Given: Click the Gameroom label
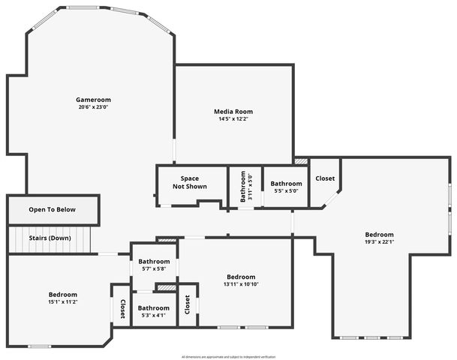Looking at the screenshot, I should (93, 99).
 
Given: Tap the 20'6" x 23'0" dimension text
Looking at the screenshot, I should (93, 106).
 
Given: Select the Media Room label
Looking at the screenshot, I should (233, 112).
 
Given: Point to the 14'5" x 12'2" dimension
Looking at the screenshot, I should (233, 119).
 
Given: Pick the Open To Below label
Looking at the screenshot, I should (53, 209).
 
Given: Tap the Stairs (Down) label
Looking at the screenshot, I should (50, 238).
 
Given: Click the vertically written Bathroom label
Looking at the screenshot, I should (243, 185).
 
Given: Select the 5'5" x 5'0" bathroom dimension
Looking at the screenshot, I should (286, 190).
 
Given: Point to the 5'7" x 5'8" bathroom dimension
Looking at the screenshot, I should (153, 268).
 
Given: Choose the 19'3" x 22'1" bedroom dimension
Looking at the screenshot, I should (379, 242).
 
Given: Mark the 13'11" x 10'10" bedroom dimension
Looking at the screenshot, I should (241, 283).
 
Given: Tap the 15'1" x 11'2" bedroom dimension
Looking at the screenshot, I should (63, 301).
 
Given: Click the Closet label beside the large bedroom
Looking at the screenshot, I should (325, 178).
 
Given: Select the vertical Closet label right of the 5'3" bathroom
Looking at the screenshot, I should (187, 305).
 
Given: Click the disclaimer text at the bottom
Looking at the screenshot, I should (228, 356).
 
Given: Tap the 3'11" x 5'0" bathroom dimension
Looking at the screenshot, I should (251, 185).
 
